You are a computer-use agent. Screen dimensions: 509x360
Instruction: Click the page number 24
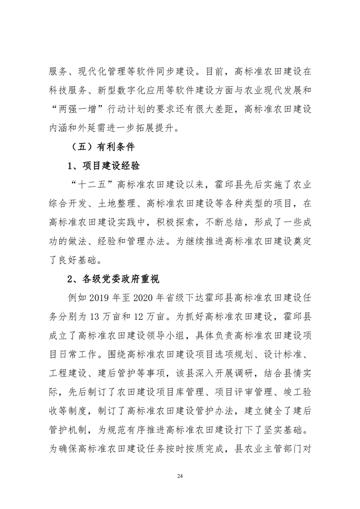[180, 476]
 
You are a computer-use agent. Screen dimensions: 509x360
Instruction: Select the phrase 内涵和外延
[74, 128]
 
